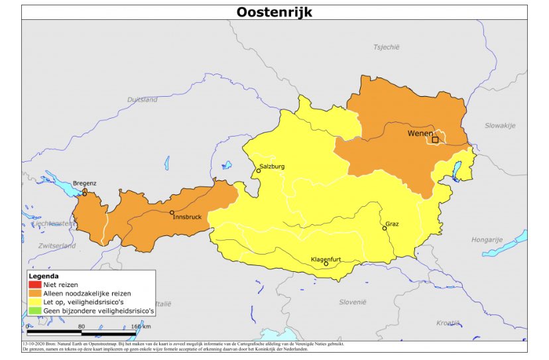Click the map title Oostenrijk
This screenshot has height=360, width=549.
(274, 12)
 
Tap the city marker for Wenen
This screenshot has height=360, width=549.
(435, 140)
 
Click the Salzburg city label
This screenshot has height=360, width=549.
(272, 166)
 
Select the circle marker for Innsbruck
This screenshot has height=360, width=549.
(172, 213)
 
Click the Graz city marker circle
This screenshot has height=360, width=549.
(385, 228)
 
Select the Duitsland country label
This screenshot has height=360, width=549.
(143, 99)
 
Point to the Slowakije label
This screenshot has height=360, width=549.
(499, 125)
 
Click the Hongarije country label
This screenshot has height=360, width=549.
(487, 239)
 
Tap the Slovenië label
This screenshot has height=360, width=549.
(353, 302)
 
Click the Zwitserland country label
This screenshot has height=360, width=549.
(57, 245)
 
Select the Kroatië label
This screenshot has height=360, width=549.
(448, 323)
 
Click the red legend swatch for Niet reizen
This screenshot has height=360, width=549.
(35, 284)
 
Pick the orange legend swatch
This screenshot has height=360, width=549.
(35, 293)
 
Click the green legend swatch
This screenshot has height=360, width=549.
(35, 310)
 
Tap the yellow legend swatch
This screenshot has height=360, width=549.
(35, 302)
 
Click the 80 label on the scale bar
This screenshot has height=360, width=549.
(82, 326)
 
